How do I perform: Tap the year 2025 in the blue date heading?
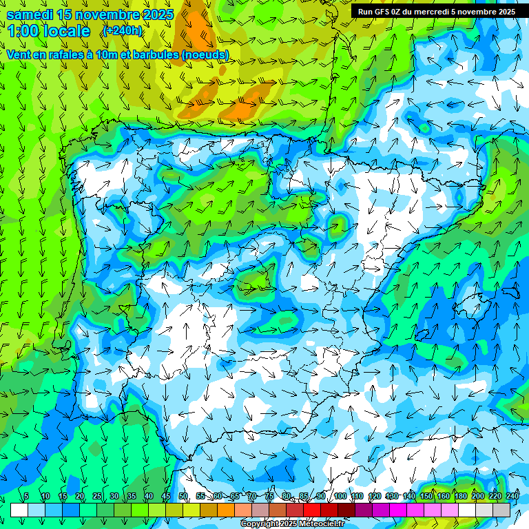[155, 14]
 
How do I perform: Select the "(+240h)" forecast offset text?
[122, 30]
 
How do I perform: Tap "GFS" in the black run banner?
[384, 12]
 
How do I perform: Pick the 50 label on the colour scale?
[183, 496]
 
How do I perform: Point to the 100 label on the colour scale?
[340, 496]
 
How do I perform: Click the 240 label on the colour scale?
[512, 496]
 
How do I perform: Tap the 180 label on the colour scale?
[460, 496]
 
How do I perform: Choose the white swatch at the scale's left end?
[19, 510]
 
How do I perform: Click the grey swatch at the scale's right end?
[501, 510]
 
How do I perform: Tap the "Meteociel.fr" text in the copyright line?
[322, 524]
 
